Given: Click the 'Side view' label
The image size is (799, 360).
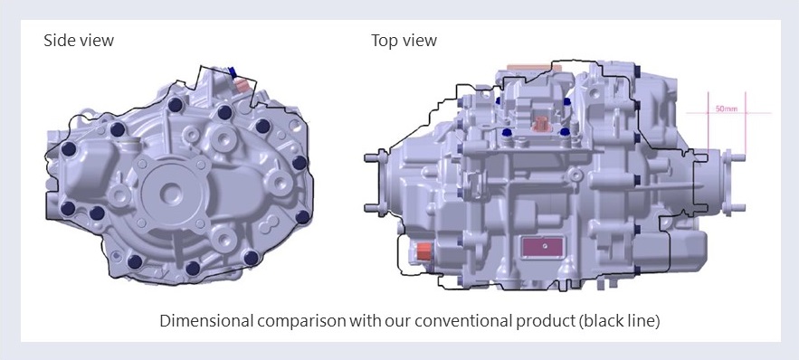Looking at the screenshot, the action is coord(79,40).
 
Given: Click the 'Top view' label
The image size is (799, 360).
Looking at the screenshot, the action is coord(404,40).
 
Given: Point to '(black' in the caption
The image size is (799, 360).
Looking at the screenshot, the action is coord(604,321).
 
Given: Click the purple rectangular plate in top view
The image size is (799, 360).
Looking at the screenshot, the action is coord(542,247).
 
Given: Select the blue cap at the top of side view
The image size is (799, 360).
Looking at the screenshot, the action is coord(233,72).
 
